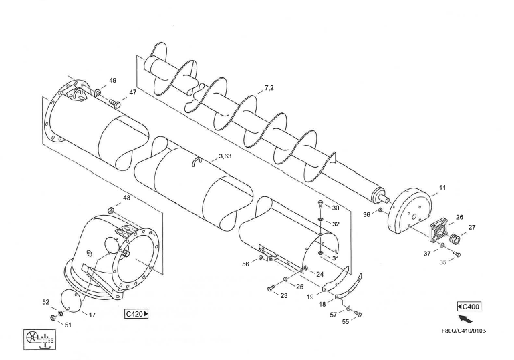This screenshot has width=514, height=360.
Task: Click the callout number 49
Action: pos(112,81)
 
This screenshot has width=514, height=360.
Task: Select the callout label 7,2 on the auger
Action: pos(269,88)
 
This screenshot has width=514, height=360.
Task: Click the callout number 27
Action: pos(472,228)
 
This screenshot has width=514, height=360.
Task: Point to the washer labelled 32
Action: pos(321,218)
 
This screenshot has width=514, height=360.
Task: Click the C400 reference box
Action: pos(469,306)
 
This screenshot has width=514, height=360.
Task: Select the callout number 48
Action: pos(126,198)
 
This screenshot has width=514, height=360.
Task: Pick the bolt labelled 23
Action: pos(269,288)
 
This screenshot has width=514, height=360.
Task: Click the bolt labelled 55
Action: pos(358,313)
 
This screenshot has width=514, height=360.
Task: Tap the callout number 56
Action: pos(246,264)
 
